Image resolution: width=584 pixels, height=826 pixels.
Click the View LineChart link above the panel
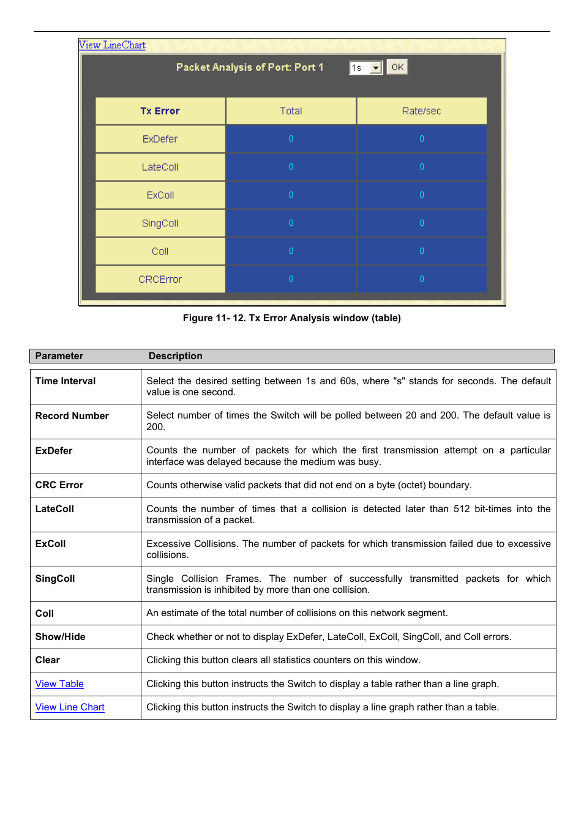(x=112, y=45)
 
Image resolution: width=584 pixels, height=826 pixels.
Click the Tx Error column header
(x=160, y=111)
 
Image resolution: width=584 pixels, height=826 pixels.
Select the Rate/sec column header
(x=421, y=111)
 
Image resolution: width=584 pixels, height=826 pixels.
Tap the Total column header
(x=291, y=111)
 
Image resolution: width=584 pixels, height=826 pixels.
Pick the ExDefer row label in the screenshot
(x=160, y=139)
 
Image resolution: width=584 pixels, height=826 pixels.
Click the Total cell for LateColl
(x=291, y=167)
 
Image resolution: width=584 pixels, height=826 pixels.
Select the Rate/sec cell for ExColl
(x=421, y=195)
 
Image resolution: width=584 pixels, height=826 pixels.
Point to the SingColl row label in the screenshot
(x=160, y=223)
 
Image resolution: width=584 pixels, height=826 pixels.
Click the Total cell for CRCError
(x=291, y=279)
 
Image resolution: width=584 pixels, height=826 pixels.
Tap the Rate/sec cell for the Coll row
(x=421, y=251)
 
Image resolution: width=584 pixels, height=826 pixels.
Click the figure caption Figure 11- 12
(x=291, y=318)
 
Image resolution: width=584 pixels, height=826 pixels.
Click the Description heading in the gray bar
(x=175, y=356)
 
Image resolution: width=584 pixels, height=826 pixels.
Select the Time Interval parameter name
(x=66, y=381)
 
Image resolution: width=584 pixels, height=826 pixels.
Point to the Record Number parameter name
(x=72, y=416)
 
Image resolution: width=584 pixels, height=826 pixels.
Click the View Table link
(x=59, y=684)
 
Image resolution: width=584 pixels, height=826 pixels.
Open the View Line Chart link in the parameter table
(x=70, y=707)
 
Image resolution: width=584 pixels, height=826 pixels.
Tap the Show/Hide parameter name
(x=60, y=637)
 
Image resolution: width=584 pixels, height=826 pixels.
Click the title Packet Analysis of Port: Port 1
(x=249, y=67)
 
